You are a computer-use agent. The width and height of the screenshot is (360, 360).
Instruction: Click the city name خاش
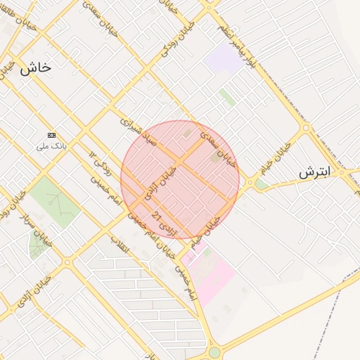[34, 67]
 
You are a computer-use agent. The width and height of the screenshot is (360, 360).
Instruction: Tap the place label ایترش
[314, 172]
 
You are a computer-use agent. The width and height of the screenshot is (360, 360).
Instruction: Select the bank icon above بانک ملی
[51, 134]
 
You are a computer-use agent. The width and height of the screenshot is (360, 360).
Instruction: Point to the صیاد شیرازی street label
[143, 131]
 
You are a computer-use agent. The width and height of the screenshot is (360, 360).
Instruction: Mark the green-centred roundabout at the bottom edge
[214, 352]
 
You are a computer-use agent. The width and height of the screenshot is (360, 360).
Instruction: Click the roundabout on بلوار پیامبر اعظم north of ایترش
[305, 128]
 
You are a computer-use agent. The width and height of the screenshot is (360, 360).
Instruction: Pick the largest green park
[55, 201]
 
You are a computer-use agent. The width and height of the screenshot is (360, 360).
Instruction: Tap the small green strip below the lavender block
[227, 98]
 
